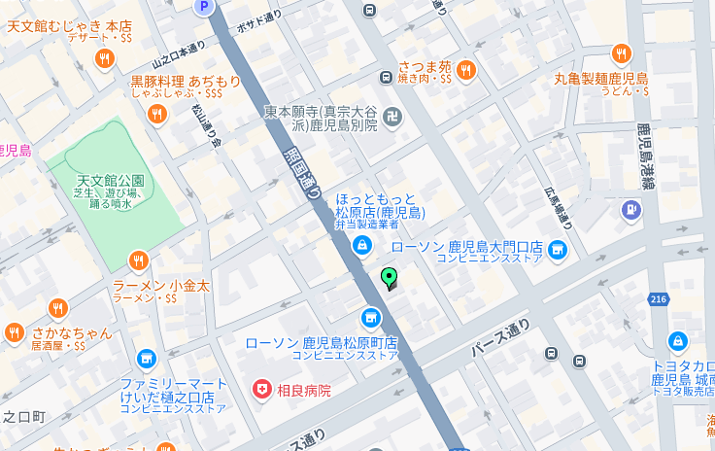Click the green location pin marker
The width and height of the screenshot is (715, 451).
(x=390, y=278)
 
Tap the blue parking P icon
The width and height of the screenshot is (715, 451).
(x=203, y=7)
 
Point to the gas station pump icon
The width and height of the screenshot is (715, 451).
(x=631, y=208)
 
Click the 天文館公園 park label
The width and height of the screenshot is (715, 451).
(x=110, y=181)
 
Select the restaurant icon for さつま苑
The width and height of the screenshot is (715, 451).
(x=466, y=69)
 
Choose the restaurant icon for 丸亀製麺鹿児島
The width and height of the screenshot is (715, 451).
(x=621, y=53)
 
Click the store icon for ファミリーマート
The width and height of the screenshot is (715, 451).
(x=147, y=361)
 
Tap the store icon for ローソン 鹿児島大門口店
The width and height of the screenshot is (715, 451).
(x=558, y=250)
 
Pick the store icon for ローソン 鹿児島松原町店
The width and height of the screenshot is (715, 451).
(x=370, y=318)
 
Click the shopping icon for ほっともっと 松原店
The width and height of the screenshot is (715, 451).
(x=361, y=245)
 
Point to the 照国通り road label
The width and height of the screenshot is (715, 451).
(x=302, y=173)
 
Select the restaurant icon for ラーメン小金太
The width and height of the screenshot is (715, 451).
(x=139, y=261)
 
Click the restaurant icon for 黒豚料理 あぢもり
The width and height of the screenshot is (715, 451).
(x=156, y=115)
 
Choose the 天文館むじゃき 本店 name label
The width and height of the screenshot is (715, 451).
(x=69, y=25)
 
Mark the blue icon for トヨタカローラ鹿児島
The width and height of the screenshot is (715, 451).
(x=678, y=341)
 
